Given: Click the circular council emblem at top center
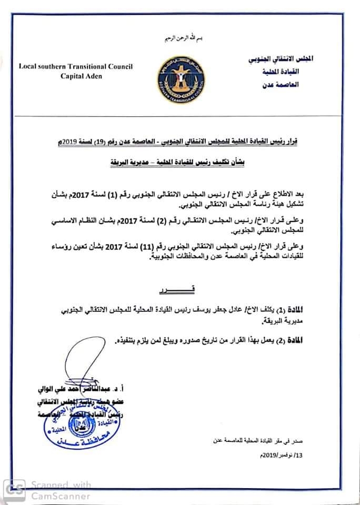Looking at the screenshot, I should point(181,79).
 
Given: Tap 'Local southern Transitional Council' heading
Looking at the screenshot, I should point(76,66).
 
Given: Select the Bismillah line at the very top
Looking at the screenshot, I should point(181,41).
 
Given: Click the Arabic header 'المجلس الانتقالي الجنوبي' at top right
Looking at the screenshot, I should point(286,60).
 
